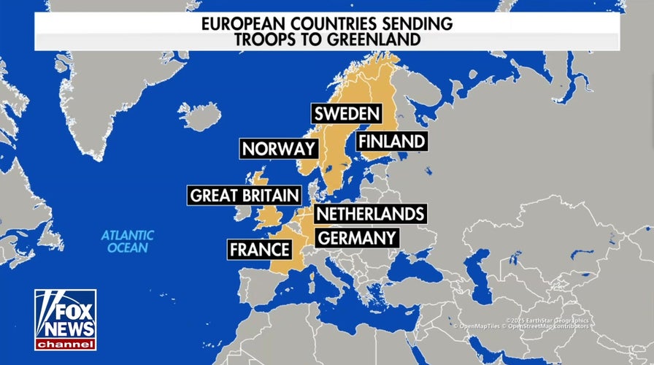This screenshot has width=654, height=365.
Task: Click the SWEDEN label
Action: click(347, 114)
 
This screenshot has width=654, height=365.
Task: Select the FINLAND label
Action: click(391, 141)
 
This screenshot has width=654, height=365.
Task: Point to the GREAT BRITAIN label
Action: click(245, 196)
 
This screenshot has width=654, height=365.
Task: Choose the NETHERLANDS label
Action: click(369, 214)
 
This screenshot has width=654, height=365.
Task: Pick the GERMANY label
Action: click(356, 237)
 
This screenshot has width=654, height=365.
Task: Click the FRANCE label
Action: click(260, 250)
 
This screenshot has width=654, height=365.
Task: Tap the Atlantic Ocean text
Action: click(128, 241)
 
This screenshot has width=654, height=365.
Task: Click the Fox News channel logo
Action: click(65, 318)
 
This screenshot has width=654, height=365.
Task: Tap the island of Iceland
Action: click(199, 115)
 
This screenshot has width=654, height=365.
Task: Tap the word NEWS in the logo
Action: click(65, 326)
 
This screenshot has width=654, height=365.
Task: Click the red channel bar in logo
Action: click(65, 343)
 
